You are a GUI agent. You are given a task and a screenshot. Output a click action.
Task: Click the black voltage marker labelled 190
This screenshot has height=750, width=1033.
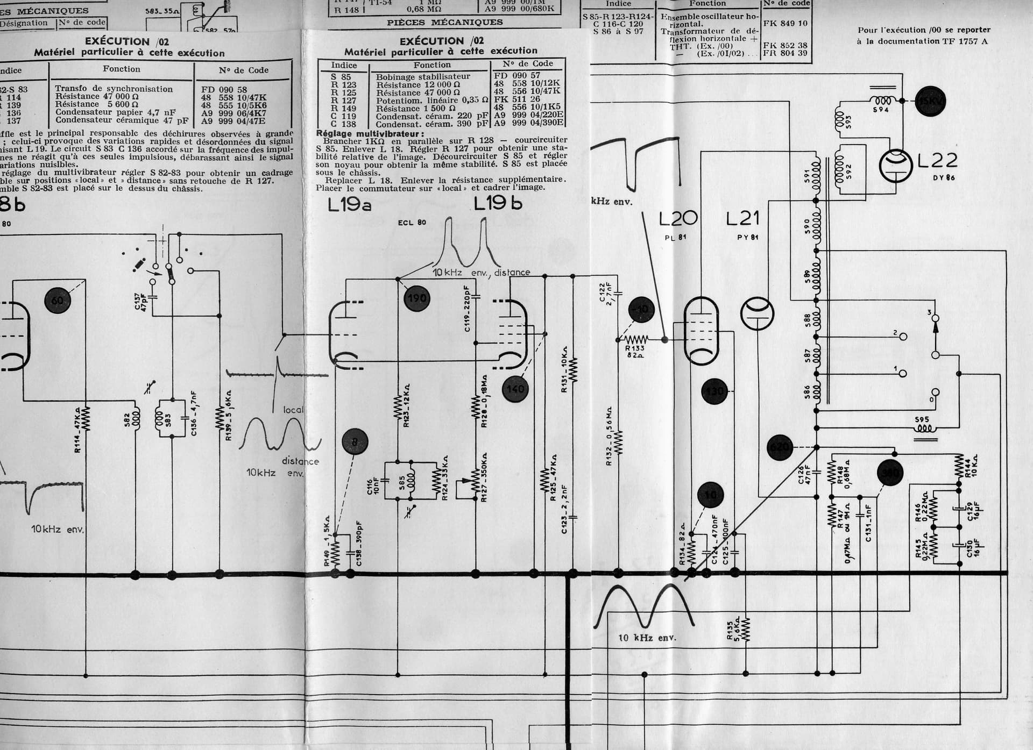(416, 298)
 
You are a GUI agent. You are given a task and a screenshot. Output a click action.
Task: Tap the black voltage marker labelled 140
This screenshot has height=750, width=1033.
(515, 389)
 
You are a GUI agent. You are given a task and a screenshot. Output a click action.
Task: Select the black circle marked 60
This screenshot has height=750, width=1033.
(58, 301)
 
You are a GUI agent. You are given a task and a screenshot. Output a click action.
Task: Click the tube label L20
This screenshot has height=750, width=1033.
(678, 219)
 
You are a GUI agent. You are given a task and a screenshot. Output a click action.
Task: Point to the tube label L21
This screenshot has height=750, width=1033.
(743, 219)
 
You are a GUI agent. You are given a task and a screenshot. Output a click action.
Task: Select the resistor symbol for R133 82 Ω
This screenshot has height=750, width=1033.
(635, 339)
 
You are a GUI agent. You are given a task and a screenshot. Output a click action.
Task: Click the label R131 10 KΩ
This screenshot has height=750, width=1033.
(564, 369)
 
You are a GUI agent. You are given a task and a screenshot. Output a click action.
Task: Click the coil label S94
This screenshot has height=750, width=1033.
(881, 110)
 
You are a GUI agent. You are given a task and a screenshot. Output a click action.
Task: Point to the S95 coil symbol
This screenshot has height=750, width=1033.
(924, 429)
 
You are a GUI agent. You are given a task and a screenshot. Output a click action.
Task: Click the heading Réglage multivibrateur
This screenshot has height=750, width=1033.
(370, 134)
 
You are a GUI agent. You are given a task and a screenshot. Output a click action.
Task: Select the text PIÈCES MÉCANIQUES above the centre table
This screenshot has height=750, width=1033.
(444, 23)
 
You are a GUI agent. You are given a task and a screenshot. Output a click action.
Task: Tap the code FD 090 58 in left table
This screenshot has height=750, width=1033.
(224, 90)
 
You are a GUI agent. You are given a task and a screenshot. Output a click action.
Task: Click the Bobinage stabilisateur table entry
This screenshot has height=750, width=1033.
(423, 77)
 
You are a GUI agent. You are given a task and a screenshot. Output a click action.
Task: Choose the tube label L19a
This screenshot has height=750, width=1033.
(350, 205)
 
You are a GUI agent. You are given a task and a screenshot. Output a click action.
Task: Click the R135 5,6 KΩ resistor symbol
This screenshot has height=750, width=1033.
(745, 627)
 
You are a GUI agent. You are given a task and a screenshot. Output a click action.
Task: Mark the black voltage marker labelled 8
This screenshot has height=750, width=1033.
(355, 442)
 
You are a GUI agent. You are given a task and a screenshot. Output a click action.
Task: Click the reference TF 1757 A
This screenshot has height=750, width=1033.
(964, 41)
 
